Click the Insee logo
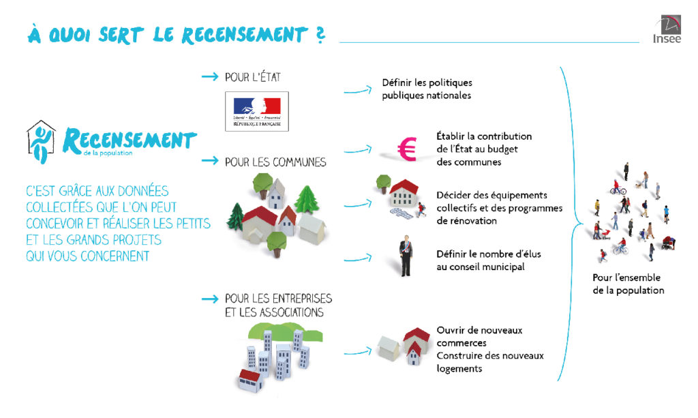(x=667, y=29)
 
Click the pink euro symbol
(x=407, y=149)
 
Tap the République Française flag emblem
(x=257, y=111)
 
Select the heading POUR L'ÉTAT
(x=253, y=78)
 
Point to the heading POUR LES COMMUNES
(x=275, y=162)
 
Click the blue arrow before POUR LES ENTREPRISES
(x=210, y=299)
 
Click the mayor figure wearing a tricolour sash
(x=405, y=256)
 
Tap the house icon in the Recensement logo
(x=41, y=142)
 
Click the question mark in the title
(x=320, y=34)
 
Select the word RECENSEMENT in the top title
(x=245, y=35)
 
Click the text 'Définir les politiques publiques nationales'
(x=427, y=89)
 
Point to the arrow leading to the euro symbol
(x=358, y=149)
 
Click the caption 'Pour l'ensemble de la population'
(x=628, y=284)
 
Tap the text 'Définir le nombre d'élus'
(x=488, y=254)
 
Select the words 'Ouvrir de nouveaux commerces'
(x=479, y=337)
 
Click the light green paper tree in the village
(x=307, y=199)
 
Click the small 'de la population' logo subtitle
(x=108, y=153)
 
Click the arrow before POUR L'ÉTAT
(x=210, y=77)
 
